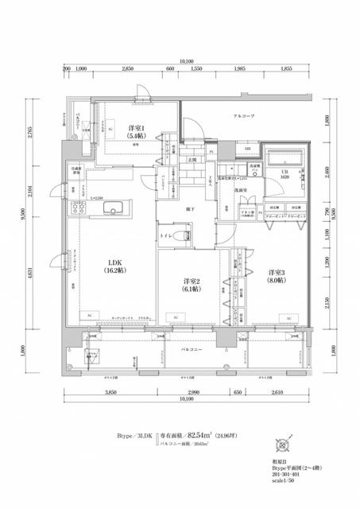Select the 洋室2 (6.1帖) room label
tap(190, 285)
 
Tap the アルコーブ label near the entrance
tap(243, 117)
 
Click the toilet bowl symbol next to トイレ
tap(186, 235)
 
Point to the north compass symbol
tap(283, 445)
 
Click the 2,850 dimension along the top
tap(126, 70)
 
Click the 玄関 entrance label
tap(192, 160)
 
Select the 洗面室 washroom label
tap(239, 191)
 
